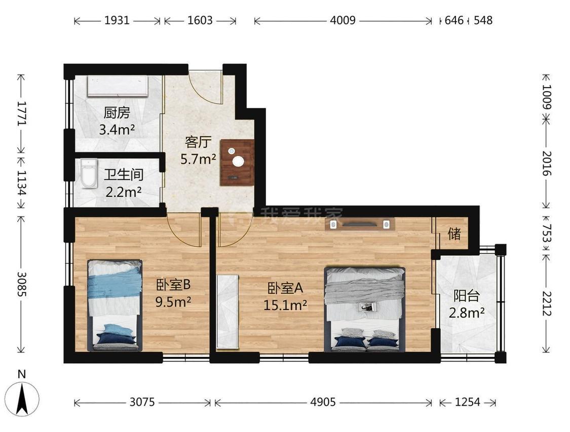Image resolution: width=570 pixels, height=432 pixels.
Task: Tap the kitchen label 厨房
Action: (117, 112)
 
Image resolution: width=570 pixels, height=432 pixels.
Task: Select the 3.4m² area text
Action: (117, 129)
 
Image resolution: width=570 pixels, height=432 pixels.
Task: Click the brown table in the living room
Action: (238, 163)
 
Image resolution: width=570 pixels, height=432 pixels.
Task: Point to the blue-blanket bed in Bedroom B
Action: (115, 305)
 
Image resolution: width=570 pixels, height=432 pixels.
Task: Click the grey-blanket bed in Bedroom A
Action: (365, 309)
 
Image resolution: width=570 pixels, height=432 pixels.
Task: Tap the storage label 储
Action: (454, 234)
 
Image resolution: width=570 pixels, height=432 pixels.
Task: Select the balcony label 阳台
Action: (467, 296)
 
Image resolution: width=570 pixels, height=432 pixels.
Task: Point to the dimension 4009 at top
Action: (343, 20)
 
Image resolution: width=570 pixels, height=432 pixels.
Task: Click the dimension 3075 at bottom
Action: (142, 402)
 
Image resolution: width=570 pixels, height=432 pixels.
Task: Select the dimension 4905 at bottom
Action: (323, 402)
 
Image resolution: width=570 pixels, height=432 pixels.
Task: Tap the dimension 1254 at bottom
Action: (468, 402)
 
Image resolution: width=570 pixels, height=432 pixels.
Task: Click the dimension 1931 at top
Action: (117, 20)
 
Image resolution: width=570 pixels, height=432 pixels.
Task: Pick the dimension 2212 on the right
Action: (547, 303)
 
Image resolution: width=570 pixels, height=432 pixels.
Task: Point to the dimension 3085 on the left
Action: (22, 284)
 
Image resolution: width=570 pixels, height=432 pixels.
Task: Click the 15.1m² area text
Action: (285, 305)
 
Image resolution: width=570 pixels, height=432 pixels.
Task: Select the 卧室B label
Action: (173, 285)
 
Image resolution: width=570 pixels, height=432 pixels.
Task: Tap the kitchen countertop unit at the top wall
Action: (118, 86)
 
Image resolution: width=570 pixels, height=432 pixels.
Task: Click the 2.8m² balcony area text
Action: (467, 312)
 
